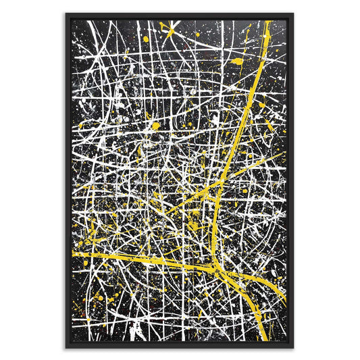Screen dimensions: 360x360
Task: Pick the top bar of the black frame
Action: click(x=180, y=15)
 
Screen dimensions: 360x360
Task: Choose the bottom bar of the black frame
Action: click(x=180, y=346)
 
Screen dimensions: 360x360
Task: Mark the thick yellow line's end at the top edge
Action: click(x=268, y=22)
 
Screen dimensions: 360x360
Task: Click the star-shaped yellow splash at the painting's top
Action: click(x=165, y=28)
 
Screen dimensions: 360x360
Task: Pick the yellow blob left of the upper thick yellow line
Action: click(x=236, y=61)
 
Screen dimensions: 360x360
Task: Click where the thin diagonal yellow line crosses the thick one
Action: click(x=220, y=182)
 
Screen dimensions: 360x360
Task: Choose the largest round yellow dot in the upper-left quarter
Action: click(x=156, y=125)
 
